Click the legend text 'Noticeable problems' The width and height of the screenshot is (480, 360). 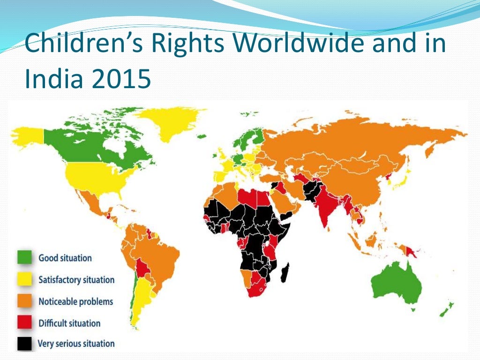coord(75,301)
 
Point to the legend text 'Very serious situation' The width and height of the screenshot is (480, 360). coord(76,344)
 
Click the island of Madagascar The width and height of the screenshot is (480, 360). coord(284,273)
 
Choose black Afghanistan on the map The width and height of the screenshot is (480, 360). coord(310,190)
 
